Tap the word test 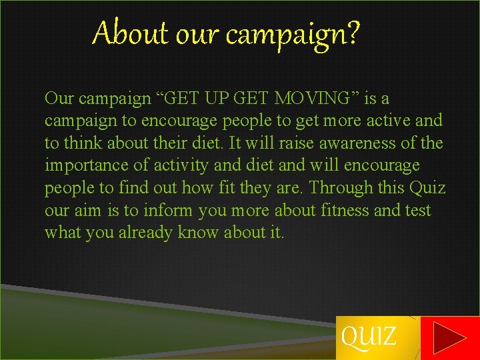click(418, 211)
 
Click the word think click(81, 143)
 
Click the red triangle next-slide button click(449, 338)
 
